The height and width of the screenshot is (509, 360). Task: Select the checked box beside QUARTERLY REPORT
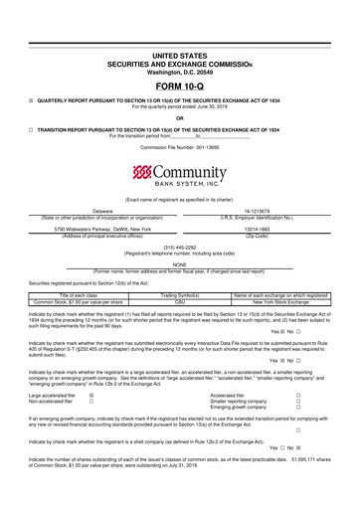click(32, 100)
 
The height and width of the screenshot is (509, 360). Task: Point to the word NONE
click(180, 263)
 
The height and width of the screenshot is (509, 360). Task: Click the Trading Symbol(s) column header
click(180, 295)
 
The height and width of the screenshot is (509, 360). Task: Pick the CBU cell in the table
click(180, 301)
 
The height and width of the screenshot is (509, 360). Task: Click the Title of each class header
click(76, 295)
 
